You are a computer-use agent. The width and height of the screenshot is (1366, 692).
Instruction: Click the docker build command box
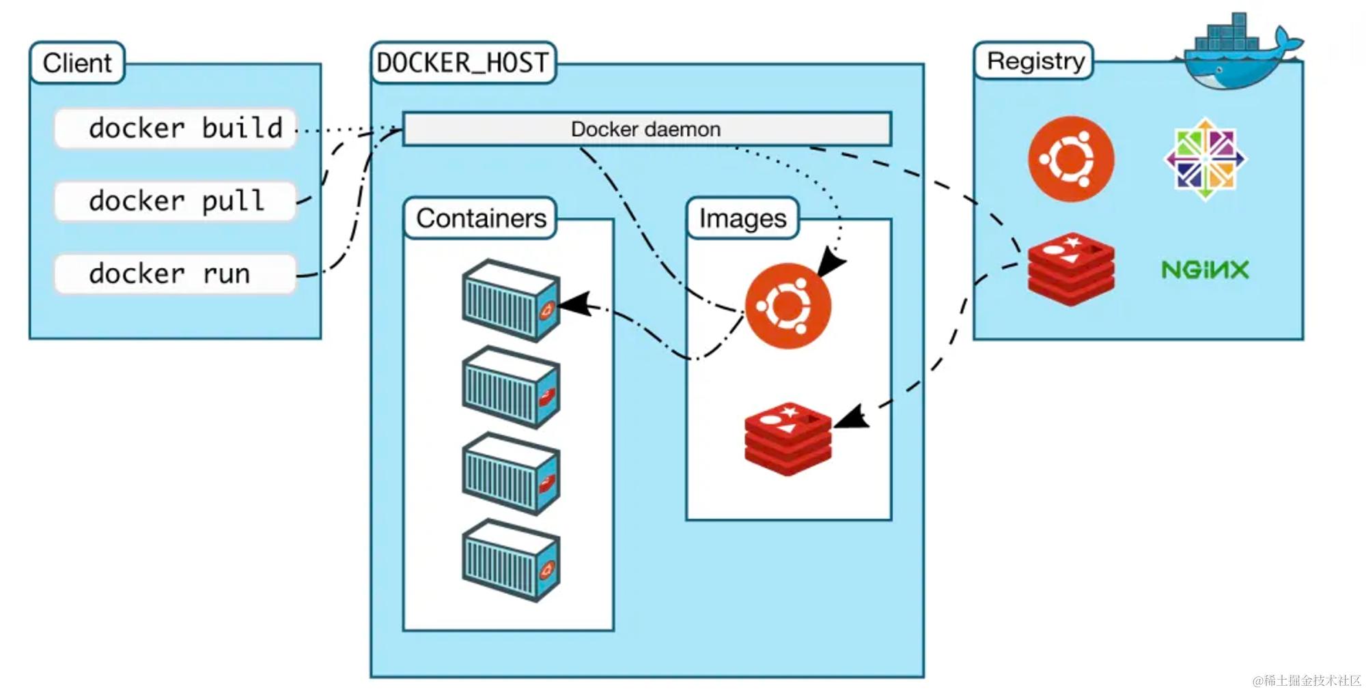tap(175, 128)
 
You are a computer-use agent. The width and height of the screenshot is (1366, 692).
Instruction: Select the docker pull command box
tap(175, 201)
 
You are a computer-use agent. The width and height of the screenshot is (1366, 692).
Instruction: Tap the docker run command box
tap(175, 274)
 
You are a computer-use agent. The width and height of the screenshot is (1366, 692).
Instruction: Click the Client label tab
tap(77, 63)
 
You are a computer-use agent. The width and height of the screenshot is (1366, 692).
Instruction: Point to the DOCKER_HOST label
tap(462, 63)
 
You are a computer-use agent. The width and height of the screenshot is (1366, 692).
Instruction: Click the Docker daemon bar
tap(646, 129)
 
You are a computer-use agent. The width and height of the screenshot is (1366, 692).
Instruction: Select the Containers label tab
tap(480, 218)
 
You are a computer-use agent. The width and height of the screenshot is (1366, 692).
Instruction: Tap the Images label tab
tap(742, 218)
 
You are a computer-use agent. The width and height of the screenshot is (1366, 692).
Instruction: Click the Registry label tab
tap(1035, 61)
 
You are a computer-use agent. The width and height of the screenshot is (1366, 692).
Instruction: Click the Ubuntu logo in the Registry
tap(1070, 159)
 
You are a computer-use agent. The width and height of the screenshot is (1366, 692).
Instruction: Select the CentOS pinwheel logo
tap(1205, 159)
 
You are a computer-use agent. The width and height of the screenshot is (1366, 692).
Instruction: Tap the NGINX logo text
tap(1205, 270)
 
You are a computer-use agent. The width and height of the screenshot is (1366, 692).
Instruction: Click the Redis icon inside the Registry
tap(1070, 269)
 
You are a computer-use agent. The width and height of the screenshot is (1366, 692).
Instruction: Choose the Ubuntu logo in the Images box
tap(787, 306)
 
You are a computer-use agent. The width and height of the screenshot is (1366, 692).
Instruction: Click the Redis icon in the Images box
tap(787, 439)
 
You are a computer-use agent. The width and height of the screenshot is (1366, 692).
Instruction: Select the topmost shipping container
tap(511, 300)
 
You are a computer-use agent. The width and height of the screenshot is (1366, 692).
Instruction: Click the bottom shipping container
tap(511, 560)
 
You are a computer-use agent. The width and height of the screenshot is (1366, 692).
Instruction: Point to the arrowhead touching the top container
tap(575, 304)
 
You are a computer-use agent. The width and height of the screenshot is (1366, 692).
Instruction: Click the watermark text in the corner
tap(1306, 680)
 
